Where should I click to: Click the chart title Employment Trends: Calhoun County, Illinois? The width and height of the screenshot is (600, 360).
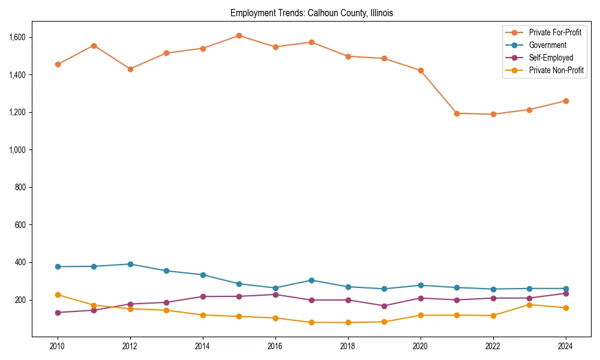[311, 13]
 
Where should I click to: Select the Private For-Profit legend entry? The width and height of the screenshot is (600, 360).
[555, 32]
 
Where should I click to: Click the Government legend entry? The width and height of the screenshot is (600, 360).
[547, 45]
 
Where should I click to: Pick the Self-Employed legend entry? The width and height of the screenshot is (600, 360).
[551, 58]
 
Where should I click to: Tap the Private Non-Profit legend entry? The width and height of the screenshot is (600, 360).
[556, 70]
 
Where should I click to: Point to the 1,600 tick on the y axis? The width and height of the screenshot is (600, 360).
[17, 37]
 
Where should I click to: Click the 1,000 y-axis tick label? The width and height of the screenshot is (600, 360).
[17, 150]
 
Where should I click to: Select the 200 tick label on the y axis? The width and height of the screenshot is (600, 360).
[21, 300]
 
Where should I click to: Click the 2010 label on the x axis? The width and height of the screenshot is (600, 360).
[58, 346]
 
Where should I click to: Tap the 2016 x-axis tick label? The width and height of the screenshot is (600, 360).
[275, 346]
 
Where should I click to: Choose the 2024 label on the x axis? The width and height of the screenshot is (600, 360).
[565, 346]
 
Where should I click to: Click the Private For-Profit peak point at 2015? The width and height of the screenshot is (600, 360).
[239, 35]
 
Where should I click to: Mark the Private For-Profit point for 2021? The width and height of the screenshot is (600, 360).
[457, 113]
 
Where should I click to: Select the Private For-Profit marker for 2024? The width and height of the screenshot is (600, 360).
[565, 101]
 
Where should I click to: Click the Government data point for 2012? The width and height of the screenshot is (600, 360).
[130, 264]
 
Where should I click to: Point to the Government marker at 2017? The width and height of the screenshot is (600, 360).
[311, 280]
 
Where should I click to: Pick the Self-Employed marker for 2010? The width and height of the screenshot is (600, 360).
[58, 313]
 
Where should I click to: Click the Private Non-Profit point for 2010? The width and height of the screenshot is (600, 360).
[58, 295]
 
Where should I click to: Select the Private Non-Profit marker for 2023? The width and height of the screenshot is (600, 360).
[529, 305]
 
